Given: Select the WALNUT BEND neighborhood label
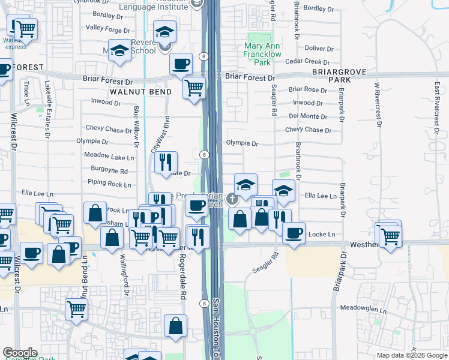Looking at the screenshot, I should [x=140, y=92].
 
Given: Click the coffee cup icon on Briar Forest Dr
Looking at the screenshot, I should [x=181, y=65].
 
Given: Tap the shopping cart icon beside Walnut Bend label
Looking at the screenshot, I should [x=194, y=89].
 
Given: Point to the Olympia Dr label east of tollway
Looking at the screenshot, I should [x=242, y=144].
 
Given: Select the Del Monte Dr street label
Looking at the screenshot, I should [x=307, y=116].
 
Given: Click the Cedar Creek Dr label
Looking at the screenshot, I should [x=310, y=61].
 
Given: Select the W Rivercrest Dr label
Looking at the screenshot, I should [x=378, y=105].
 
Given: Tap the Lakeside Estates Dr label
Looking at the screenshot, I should [x=47, y=104].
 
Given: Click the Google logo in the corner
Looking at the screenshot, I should [x=20, y=353].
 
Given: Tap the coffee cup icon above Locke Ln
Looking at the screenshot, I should [x=294, y=233].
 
